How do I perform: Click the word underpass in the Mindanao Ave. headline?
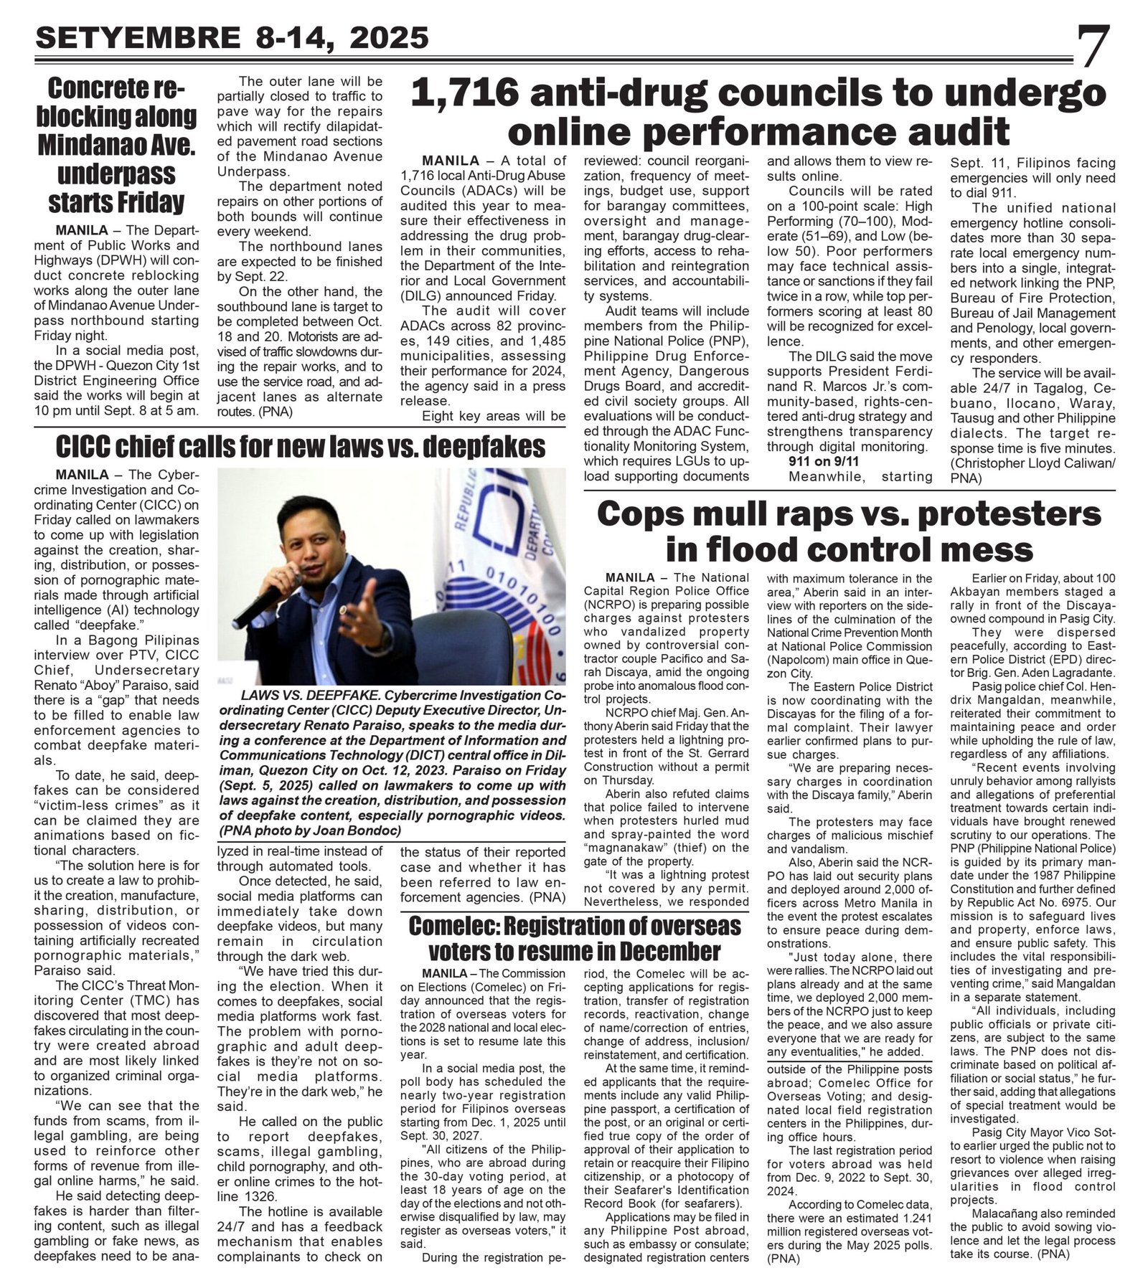point(116,174)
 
